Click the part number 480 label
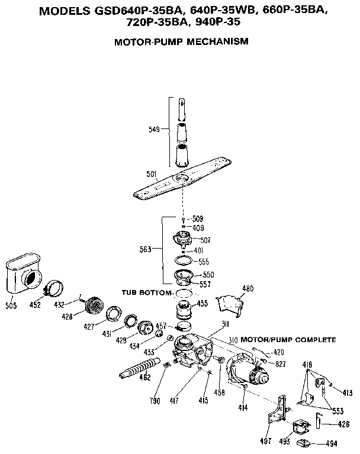[247, 289]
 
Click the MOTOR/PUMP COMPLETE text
[288, 340]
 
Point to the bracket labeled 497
[276, 414]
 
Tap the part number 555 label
[203, 261]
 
